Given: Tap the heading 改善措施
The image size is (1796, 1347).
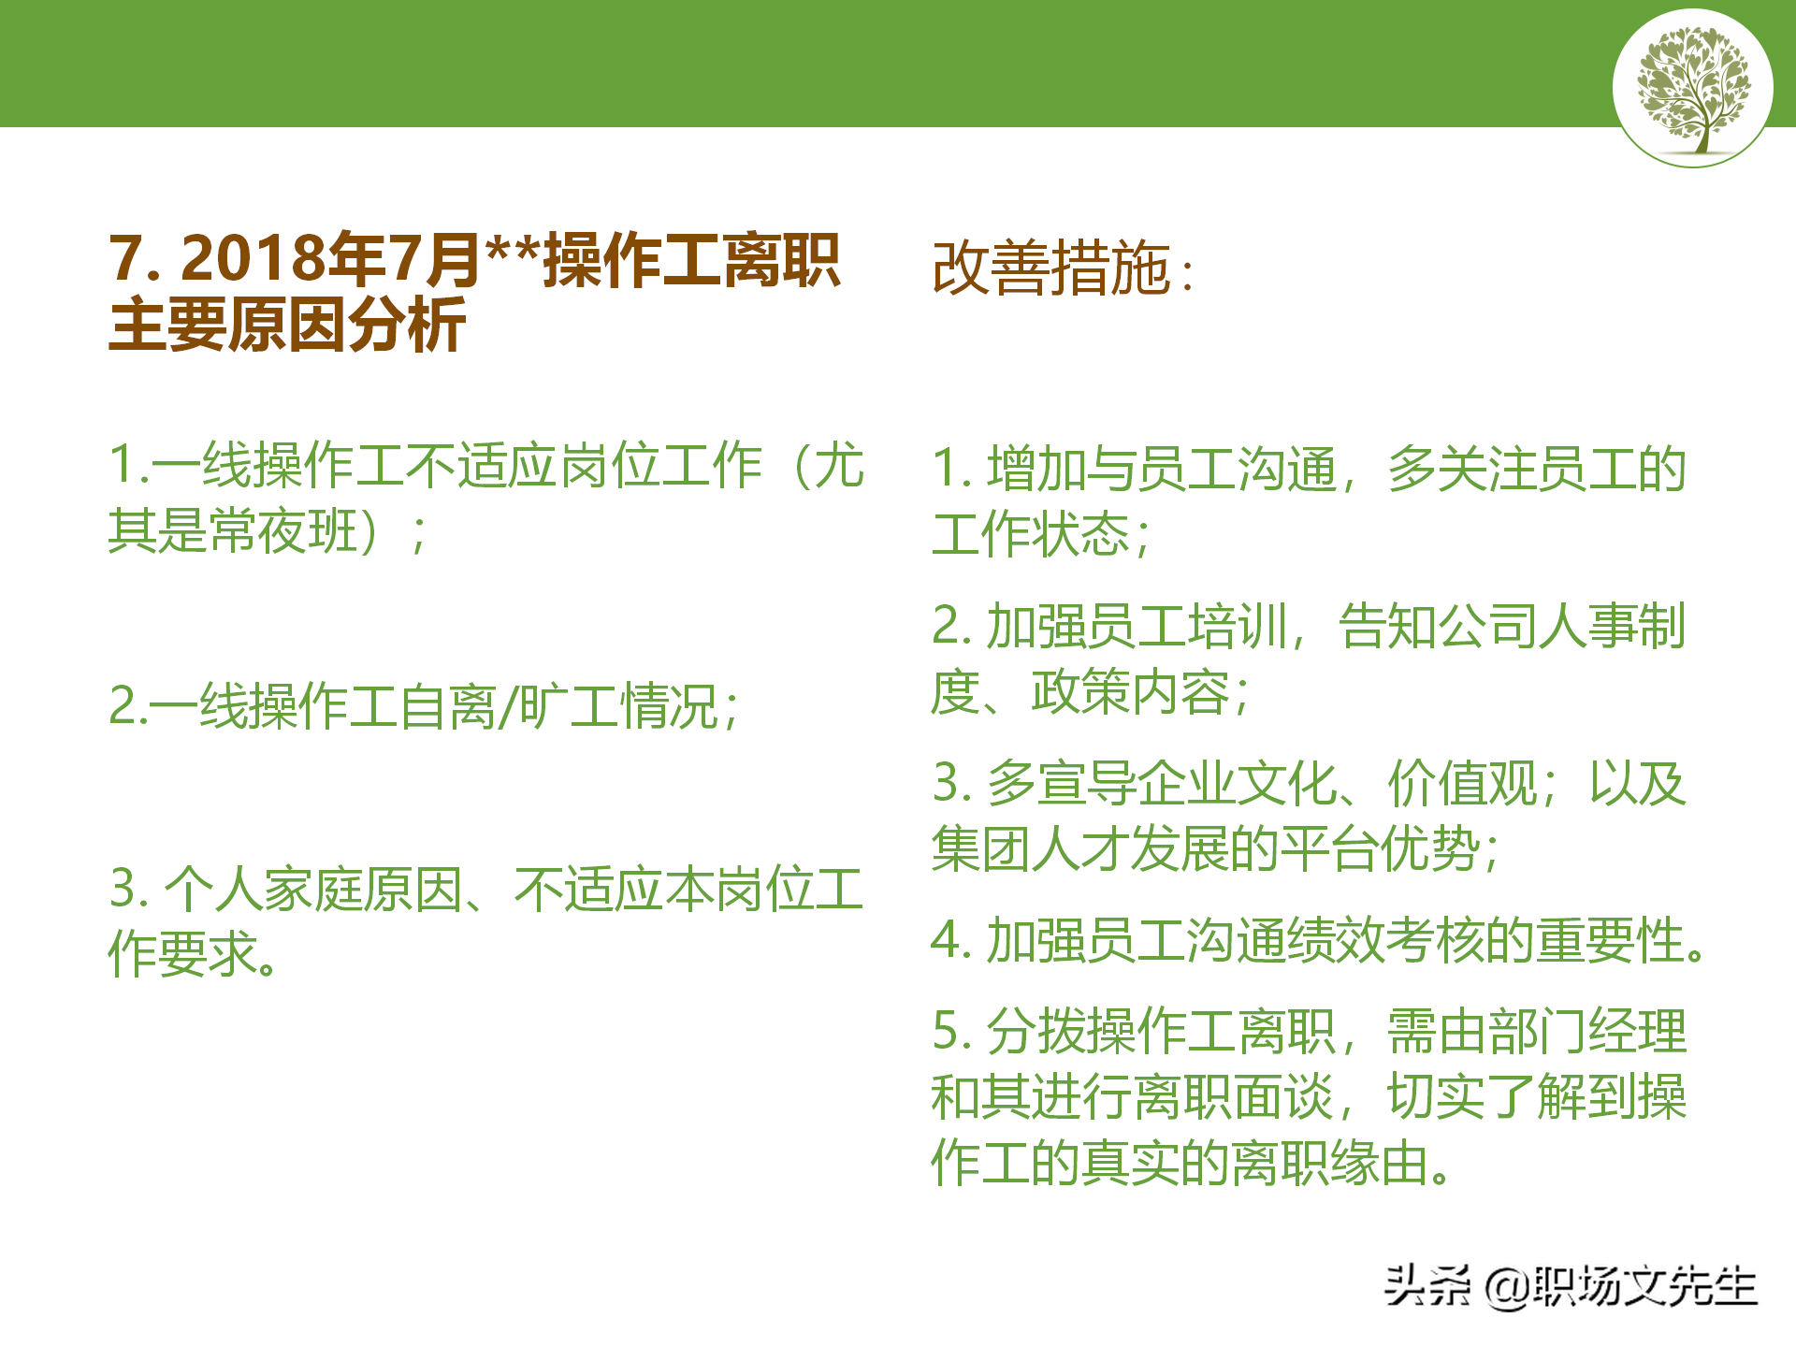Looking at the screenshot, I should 1051,268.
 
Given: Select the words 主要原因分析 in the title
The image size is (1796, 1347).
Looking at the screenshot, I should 287,325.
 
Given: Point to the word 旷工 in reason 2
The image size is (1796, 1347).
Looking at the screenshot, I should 570,706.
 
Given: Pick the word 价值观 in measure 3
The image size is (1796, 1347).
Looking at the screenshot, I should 1463,783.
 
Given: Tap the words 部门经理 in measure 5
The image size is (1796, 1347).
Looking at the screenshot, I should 1586,1030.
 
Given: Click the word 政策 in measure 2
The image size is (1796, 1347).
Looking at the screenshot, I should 1079,692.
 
